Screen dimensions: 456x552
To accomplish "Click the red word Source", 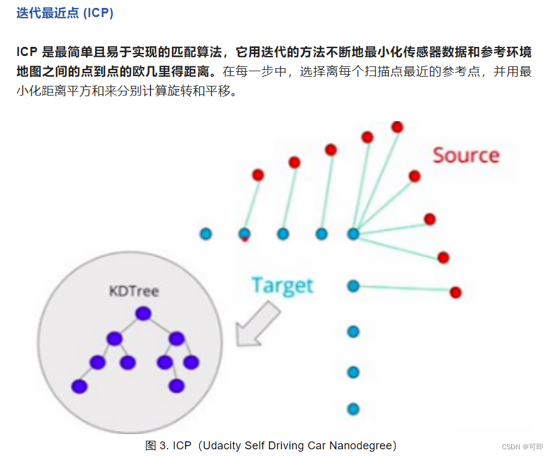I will [x=466, y=155].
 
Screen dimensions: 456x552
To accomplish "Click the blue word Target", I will [x=282, y=286].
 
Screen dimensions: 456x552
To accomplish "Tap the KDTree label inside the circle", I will [x=133, y=291].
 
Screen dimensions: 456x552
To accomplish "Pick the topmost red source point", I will [x=397, y=127].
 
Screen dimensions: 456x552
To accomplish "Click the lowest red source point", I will [x=455, y=292].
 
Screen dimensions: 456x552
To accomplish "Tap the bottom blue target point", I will [x=353, y=409].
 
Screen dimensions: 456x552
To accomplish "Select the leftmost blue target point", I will [x=206, y=233].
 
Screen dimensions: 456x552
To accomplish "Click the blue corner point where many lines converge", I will [x=353, y=233].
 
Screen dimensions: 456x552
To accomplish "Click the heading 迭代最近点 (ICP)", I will [x=65, y=13].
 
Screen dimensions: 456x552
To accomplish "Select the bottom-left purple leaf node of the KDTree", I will [x=79, y=386].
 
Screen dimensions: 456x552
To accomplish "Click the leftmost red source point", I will [x=258, y=175].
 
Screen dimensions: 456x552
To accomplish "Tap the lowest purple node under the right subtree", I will [x=177, y=385].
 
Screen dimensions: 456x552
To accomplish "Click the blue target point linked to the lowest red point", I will [x=353, y=286].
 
